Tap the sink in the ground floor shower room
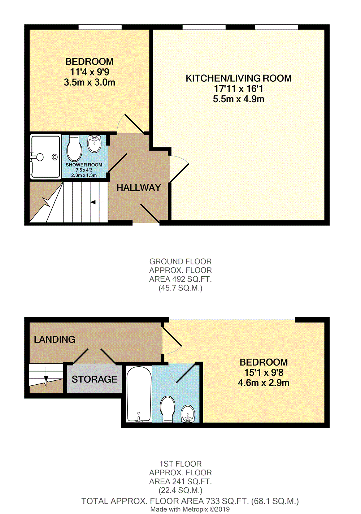pyautogui.click(x=95, y=144)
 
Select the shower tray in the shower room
pyautogui.click(x=45, y=156)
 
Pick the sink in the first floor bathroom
pyautogui.click(x=188, y=414)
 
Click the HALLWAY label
pyautogui.click(x=139, y=188)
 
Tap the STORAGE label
pyautogui.click(x=94, y=379)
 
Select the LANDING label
pyautogui.click(x=55, y=340)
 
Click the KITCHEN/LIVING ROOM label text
pyautogui.click(x=239, y=78)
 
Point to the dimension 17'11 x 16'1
pyautogui.click(x=239, y=89)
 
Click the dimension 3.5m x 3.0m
pyautogui.click(x=90, y=82)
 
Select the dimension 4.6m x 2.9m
pyautogui.click(x=264, y=383)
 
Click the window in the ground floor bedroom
pyautogui.click(x=100, y=27)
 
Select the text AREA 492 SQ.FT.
pyautogui.click(x=180, y=279)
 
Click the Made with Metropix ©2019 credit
pyautogui.click(x=190, y=509)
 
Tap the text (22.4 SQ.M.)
pyautogui.click(x=180, y=490)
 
